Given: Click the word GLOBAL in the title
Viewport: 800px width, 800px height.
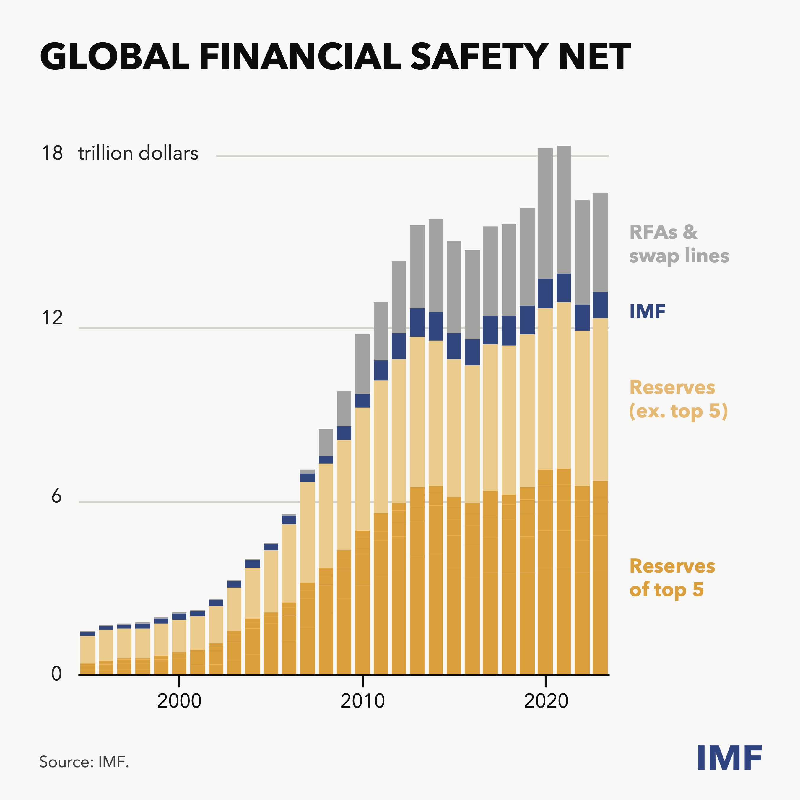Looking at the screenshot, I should (x=115, y=57).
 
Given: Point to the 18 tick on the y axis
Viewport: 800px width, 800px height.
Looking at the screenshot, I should (x=52, y=153).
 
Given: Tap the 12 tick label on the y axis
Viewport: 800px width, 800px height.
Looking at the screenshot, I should (x=52, y=318).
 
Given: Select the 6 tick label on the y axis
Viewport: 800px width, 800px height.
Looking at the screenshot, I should (x=56, y=496).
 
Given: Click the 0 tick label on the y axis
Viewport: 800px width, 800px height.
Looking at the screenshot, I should (x=56, y=674).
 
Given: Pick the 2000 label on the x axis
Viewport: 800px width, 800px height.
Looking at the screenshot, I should (x=179, y=701).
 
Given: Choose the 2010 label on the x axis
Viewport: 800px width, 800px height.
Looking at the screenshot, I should (x=362, y=701).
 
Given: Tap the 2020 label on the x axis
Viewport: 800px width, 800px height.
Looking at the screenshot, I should (x=546, y=701).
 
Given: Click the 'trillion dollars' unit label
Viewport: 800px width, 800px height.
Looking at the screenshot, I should (x=138, y=153).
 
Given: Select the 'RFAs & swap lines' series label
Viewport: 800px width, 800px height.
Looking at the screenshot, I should (x=678, y=244).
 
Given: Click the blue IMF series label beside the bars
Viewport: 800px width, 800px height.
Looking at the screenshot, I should (x=647, y=312).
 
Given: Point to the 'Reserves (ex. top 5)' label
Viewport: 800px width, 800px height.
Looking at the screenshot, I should (x=678, y=399).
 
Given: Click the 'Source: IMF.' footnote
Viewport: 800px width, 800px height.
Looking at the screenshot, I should (x=84, y=762).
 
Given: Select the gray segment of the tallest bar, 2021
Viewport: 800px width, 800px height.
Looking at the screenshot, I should (x=564, y=209).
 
